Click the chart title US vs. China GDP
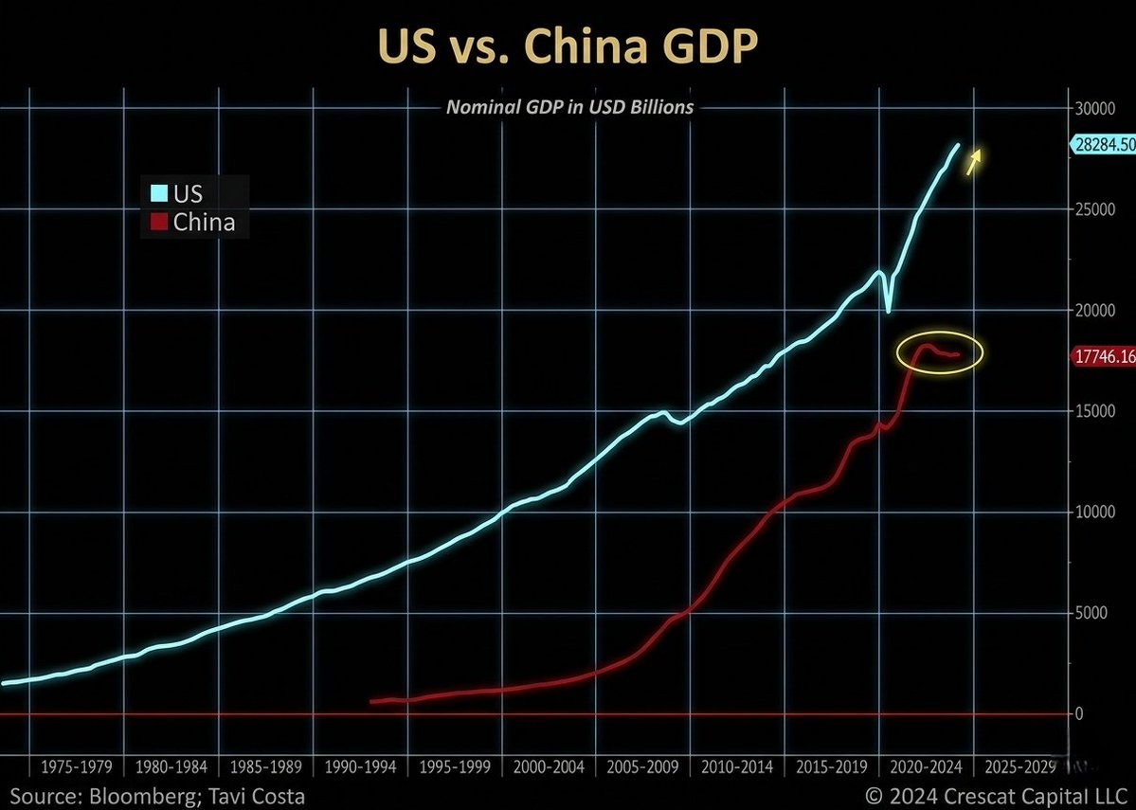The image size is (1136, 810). (568, 49)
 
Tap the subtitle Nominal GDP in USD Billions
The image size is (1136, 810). (569, 107)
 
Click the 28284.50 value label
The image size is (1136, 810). (1102, 145)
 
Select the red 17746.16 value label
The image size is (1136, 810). (1104, 356)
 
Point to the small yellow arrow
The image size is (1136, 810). (974, 162)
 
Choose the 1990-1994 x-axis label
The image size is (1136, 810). (361, 766)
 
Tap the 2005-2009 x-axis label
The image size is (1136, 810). (644, 766)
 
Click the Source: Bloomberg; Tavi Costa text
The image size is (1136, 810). (157, 794)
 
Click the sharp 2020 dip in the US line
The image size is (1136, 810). (888, 311)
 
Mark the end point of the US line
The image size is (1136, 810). (958, 145)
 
